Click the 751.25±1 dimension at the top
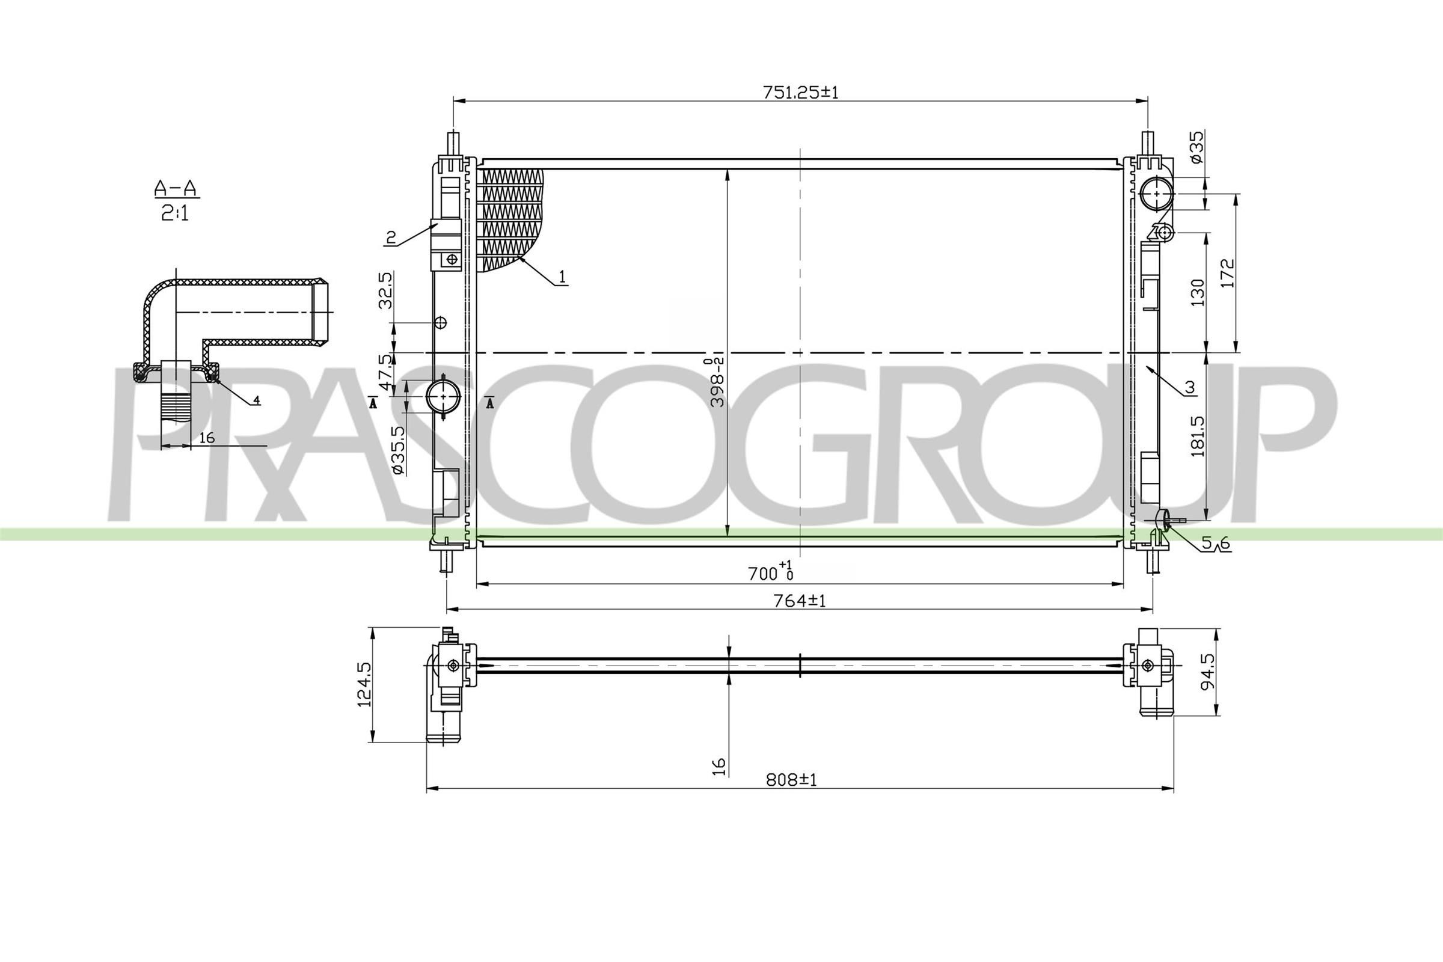[x=800, y=93]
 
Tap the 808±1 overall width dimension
[x=791, y=780]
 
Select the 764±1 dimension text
[x=800, y=601]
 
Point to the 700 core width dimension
[x=770, y=573]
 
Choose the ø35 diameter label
[x=1196, y=147]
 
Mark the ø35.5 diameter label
[x=397, y=450]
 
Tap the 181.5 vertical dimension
[x=1198, y=437]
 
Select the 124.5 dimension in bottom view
[x=365, y=684]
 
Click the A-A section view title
[x=176, y=188]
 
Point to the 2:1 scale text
[x=176, y=213]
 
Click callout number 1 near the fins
[x=562, y=277]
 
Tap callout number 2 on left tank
[x=390, y=236]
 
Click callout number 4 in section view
[x=257, y=400]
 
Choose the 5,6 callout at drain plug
[x=1215, y=543]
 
